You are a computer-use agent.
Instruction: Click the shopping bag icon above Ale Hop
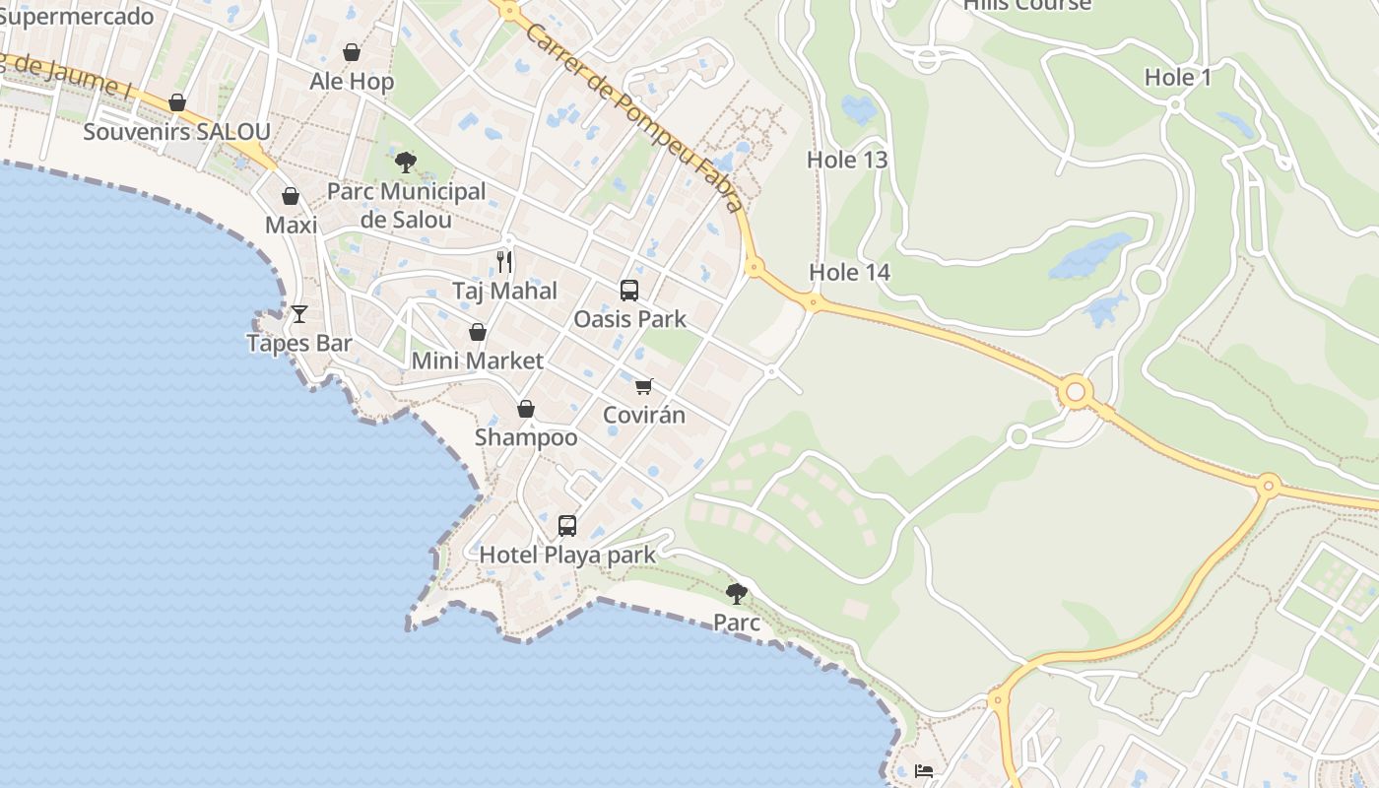coord(352,52)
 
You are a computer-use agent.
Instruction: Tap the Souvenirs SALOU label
coord(176,132)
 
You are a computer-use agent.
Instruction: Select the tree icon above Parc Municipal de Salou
coord(405,163)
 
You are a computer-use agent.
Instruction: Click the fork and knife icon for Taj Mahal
coord(504,261)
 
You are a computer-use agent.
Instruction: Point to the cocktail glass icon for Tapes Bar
coord(299,314)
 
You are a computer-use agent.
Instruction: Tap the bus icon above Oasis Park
coord(629,291)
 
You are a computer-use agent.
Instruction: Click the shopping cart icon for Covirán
coord(644,385)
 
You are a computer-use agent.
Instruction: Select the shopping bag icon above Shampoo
coord(526,409)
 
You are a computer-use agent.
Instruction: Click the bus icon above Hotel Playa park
coord(567,526)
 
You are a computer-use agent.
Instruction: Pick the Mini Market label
coord(477,361)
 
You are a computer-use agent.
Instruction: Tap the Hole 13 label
coord(847,160)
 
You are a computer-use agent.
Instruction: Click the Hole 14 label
coord(849,272)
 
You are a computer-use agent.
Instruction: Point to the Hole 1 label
coord(1178,78)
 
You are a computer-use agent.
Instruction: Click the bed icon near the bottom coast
coord(924,771)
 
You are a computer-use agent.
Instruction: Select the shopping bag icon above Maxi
coord(291,197)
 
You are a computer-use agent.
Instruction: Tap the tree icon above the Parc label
coord(737,593)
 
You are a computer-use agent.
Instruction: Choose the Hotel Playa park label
coord(567,556)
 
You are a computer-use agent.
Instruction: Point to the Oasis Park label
coord(629,320)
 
